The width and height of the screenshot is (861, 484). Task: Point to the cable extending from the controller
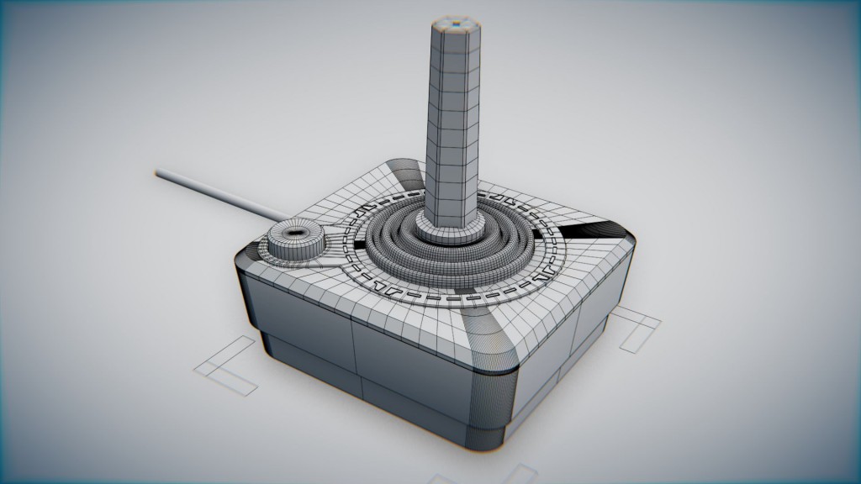[219, 195]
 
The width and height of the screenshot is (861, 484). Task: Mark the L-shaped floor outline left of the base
[226, 366]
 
